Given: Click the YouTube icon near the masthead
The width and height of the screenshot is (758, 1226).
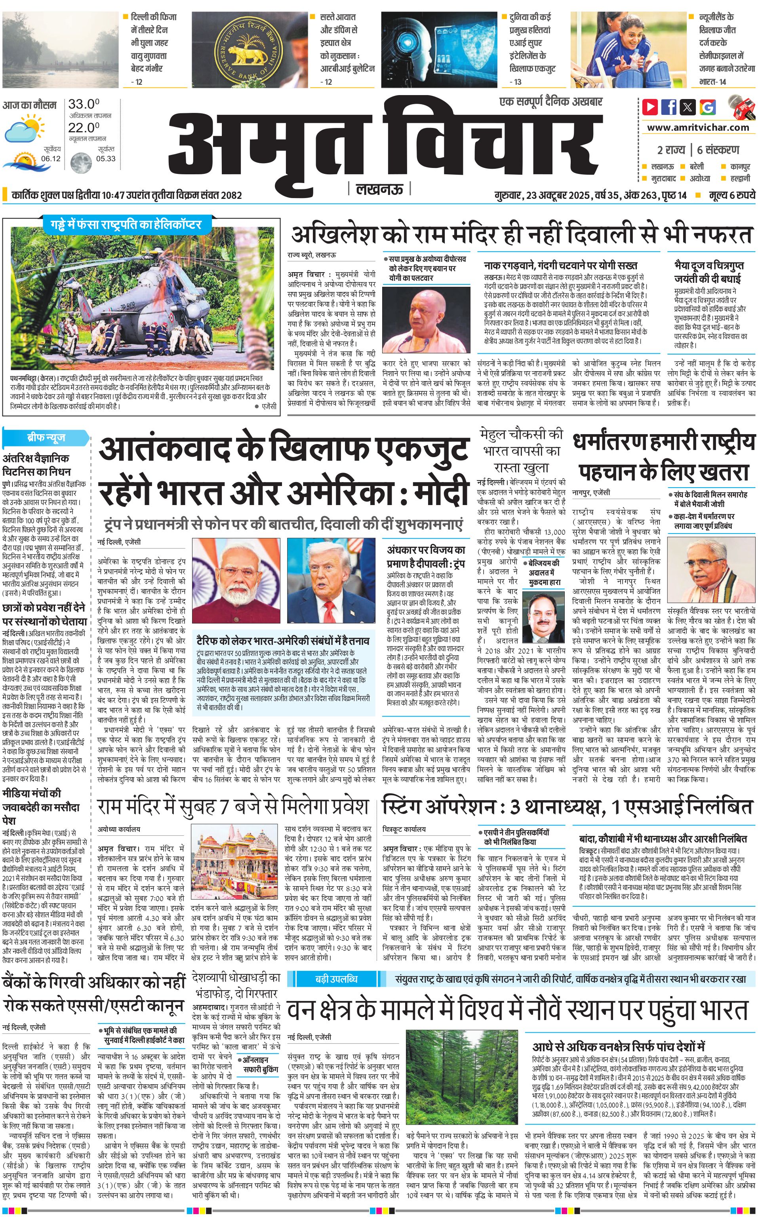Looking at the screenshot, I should [x=650, y=107].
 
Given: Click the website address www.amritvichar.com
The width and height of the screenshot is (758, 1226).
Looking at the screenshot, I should [x=698, y=128].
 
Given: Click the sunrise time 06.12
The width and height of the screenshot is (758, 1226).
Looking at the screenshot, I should [x=51, y=159].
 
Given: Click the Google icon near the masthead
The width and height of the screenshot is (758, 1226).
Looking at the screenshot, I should [x=707, y=107].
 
